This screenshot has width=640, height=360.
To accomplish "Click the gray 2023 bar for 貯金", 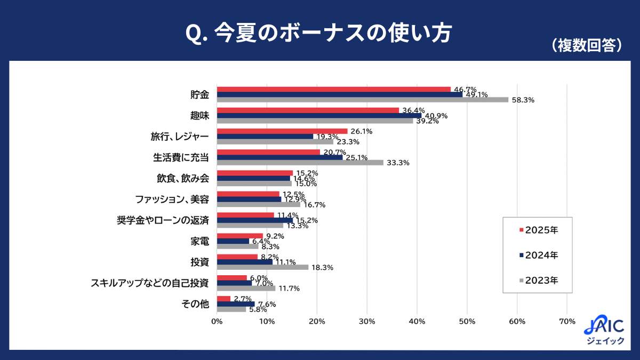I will tap(363, 100).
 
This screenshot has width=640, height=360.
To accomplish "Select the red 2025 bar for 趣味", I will tap(308, 110).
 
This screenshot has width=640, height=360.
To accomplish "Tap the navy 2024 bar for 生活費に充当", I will tap(279, 157).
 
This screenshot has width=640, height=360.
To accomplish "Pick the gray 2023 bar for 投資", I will tap(262, 267).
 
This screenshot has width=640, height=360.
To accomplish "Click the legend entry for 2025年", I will tap(538, 230).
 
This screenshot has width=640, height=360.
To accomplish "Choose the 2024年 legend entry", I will tap(538, 255).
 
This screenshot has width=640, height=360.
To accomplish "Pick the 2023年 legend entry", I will tap(538, 280).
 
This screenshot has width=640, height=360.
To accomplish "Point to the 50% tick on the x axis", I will tap(467, 322).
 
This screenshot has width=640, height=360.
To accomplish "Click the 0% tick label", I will tap(217, 322).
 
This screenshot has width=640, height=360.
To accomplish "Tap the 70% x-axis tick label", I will tap(567, 322).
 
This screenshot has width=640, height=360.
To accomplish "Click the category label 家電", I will tap(199, 241).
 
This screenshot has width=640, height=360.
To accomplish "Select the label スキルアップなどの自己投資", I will tap(150, 283).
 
